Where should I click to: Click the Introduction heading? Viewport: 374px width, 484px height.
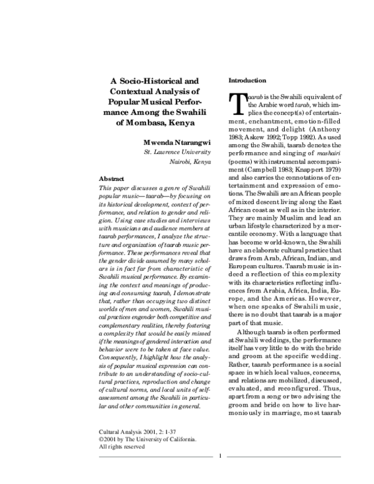(x=247, y=81)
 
